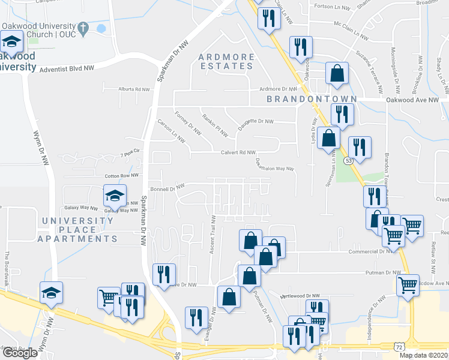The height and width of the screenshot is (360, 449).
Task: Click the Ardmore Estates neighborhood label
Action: coord(226,62)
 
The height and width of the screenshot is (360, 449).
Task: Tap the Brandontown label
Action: coord(312,98)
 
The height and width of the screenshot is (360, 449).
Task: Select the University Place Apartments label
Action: coord(78,230)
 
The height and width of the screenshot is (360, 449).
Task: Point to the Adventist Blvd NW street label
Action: coord(67,70)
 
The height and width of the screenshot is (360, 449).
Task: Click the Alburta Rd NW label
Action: coord(134,89)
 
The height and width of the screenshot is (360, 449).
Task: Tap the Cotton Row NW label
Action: coord(121,176)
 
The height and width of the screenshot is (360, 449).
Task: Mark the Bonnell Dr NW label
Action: coord(167,188)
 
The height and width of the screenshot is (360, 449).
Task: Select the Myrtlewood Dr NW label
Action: coord(300,296)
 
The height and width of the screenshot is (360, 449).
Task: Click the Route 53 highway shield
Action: coord(348,160)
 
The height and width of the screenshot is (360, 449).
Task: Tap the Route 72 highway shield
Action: coord(399,346)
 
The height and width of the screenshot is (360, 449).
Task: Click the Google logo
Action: coord(20,353)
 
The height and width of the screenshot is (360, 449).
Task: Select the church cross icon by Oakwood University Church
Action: coord(84,28)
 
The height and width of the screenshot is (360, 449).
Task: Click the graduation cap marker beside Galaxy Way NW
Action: coord(115,194)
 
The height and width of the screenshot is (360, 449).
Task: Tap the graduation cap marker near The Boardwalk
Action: coord(52,292)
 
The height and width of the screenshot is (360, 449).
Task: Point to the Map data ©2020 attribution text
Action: coord(423,355)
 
